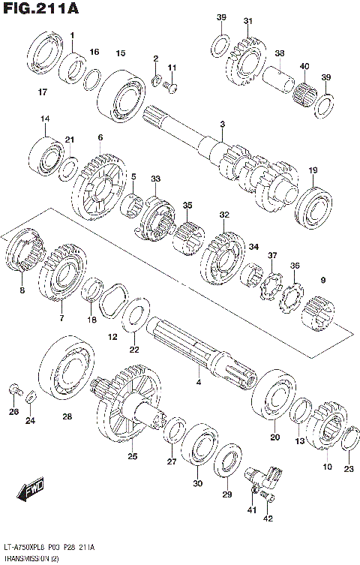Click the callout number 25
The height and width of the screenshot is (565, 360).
coord(132,455)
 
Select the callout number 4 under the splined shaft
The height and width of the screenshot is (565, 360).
coord(198,383)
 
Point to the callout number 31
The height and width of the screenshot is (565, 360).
coord(247,21)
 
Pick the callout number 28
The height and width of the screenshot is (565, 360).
coord(67,416)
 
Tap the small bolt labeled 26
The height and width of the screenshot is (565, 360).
coord(14,389)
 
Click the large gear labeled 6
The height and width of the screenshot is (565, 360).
coord(97,183)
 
